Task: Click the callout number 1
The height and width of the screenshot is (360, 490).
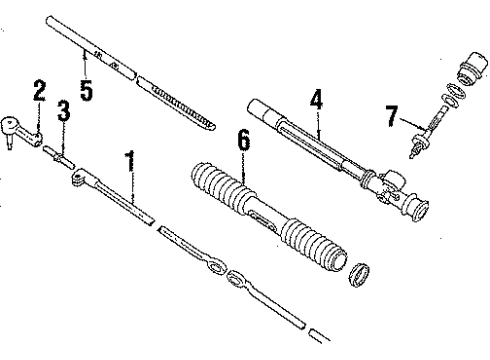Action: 128,159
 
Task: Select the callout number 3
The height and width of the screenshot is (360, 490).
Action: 63,111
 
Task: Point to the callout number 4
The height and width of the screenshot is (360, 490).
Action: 315,100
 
